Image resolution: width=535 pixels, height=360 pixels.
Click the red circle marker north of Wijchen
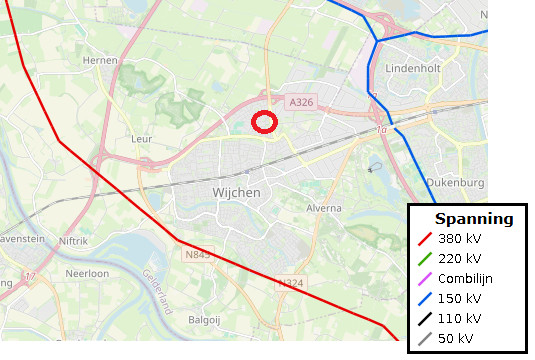point(264,122)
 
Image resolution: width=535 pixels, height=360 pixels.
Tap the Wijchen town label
point(236,192)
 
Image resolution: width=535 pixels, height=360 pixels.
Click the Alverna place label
point(324,208)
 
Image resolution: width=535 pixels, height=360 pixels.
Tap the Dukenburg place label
point(455,183)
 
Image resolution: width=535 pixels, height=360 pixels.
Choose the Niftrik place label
point(74,241)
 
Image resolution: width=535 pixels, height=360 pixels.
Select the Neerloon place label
point(87,272)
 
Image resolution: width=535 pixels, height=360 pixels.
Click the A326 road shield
point(300,102)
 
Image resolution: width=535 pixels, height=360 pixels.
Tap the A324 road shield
point(290,284)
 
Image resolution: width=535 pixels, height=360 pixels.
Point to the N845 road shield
point(198,255)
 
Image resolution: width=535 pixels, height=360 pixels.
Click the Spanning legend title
point(473,219)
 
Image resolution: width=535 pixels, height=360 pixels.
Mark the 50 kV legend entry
point(456,338)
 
